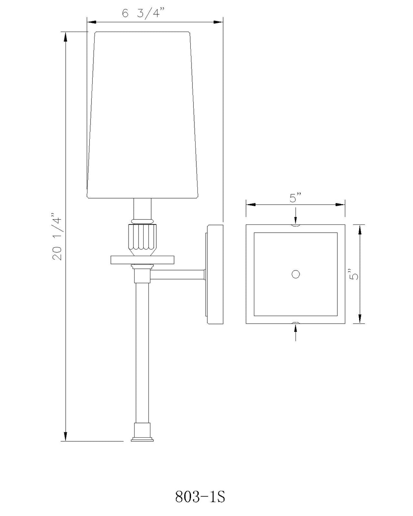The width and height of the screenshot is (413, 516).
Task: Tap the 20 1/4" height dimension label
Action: pos(57,236)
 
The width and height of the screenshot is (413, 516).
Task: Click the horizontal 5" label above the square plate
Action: pos(295,198)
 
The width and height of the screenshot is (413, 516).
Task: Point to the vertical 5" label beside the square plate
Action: pos(354,274)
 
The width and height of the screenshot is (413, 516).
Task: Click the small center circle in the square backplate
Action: pos(296,274)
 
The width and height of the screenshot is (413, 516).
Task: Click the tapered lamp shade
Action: pos(142,115)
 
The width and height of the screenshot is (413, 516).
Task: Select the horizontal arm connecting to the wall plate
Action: pos(177,275)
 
